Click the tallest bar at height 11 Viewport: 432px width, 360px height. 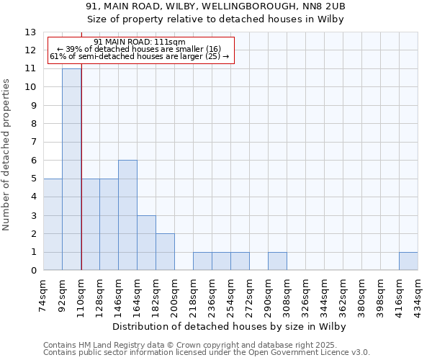point(71,169)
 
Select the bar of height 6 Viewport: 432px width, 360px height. point(127,215)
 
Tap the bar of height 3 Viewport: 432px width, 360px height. point(146,243)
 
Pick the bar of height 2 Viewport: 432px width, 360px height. point(165,252)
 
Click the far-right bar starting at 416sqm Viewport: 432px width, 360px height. point(408,261)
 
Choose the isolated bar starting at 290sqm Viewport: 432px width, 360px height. point(277,261)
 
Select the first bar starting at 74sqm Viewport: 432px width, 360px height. point(53,225)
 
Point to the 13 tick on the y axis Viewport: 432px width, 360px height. point(31,32)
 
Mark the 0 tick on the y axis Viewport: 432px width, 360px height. point(33,271)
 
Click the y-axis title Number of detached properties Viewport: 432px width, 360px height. point(7,155)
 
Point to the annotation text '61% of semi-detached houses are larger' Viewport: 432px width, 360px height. point(140,56)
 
